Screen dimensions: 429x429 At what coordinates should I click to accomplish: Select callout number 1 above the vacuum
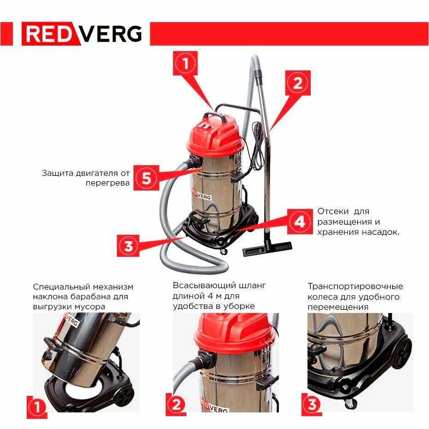pos(185,63)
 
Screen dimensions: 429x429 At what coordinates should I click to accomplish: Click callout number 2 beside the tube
pos(298,83)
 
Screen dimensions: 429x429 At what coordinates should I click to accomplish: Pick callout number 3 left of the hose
pos(128,245)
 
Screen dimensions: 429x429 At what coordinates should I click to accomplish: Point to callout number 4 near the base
pos(300,221)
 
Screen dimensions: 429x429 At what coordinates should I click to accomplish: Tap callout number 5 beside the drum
pos(146,178)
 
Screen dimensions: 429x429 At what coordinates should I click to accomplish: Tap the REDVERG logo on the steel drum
pos(201,195)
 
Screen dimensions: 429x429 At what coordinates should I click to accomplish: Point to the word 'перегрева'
pos(108,183)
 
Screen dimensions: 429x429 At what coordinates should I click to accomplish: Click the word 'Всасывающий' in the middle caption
pos(203,286)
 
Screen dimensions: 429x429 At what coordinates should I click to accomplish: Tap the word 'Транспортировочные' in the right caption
pos(355,287)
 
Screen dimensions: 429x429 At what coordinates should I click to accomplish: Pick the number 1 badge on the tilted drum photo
pos(37,407)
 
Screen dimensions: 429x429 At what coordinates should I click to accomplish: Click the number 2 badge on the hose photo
pos(176,405)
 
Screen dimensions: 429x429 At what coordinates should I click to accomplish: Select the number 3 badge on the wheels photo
pos(312,405)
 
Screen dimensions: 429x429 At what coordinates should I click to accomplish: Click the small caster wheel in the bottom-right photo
pos(350,403)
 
